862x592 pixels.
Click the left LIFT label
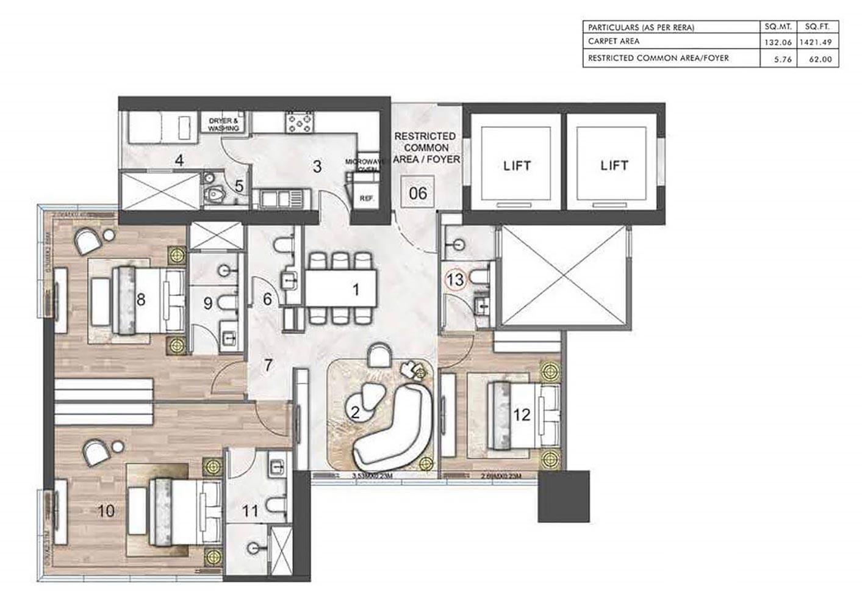pos(517,165)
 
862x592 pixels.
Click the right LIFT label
pos(613,165)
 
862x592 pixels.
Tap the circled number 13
pos(456,280)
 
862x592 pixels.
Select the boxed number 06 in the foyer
pos(418,193)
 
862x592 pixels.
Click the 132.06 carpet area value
pos(778,43)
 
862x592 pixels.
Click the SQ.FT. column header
pos(817,27)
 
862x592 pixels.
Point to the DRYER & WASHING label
pos(223,125)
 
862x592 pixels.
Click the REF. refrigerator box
pos(366,198)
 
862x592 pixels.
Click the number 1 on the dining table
pos(356,290)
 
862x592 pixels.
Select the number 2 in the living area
pos(355,411)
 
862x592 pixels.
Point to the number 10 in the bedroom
pos(106,510)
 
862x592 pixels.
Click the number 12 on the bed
pos(522,415)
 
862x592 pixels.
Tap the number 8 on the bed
pos(141,300)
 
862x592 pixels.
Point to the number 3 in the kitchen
pos(317,166)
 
